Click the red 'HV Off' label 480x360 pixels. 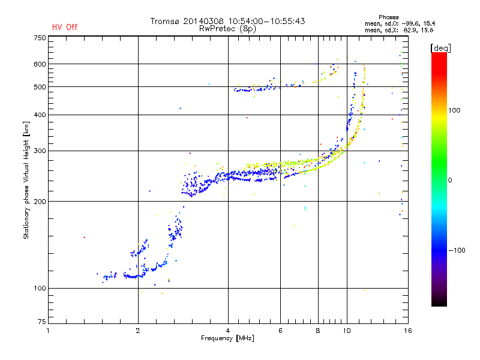click(x=65, y=27)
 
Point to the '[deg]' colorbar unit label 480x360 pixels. click(x=441, y=47)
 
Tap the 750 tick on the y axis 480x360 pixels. click(x=40, y=38)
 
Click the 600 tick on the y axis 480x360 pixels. click(x=40, y=64)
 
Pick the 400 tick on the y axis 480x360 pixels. click(x=40, y=115)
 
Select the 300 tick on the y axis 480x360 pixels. click(x=40, y=151)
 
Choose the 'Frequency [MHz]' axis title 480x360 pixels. click(x=227, y=338)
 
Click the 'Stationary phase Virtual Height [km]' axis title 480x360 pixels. click(x=26, y=181)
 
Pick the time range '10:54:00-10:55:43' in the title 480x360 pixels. click(x=264, y=22)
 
